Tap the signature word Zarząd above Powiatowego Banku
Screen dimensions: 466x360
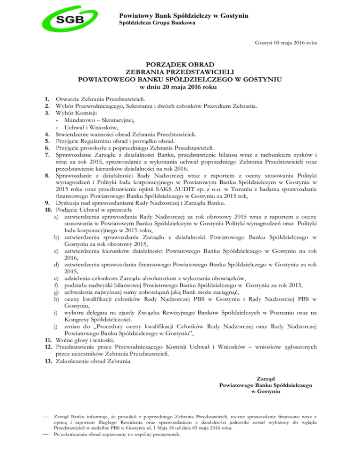tap(265, 378)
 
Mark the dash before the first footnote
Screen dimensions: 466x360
tap(45, 416)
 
